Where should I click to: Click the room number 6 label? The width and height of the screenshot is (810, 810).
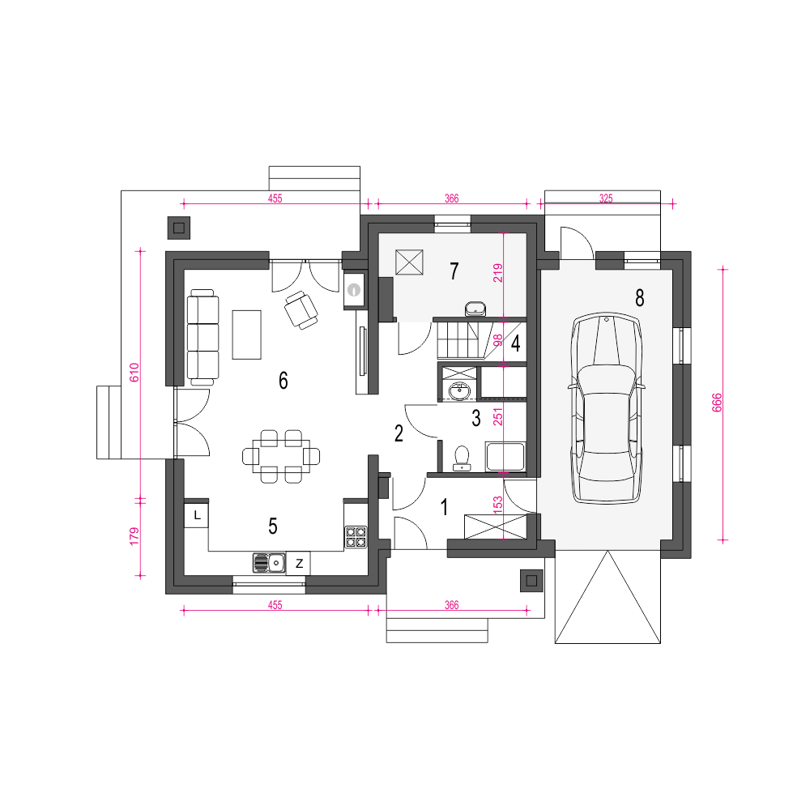click(283, 381)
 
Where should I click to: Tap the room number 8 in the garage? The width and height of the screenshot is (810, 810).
click(640, 298)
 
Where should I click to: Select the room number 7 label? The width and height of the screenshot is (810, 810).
click(454, 271)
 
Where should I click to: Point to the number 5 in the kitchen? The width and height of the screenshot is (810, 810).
click(273, 526)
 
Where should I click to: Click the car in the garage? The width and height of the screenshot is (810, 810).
click(607, 407)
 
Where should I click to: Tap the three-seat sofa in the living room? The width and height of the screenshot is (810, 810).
click(202, 337)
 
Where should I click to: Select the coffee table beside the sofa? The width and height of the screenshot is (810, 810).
click(246, 335)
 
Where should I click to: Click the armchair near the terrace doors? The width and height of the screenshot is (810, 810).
click(301, 309)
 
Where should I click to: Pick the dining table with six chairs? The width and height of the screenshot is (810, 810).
click(281, 456)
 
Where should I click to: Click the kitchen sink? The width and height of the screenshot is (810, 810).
click(269, 563)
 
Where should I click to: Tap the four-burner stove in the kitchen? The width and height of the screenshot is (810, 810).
click(356, 537)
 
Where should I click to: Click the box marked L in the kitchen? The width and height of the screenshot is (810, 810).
click(196, 515)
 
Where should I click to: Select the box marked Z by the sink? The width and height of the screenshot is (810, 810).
click(299, 563)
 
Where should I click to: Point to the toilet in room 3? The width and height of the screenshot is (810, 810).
click(462, 458)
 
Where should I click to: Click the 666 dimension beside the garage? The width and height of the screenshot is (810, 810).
click(717, 403)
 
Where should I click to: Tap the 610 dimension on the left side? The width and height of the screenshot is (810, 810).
click(134, 372)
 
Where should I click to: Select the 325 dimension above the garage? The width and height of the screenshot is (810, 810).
click(606, 198)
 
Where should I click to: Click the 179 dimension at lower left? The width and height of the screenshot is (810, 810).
click(134, 536)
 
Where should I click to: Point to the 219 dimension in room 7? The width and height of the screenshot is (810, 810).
click(497, 273)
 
